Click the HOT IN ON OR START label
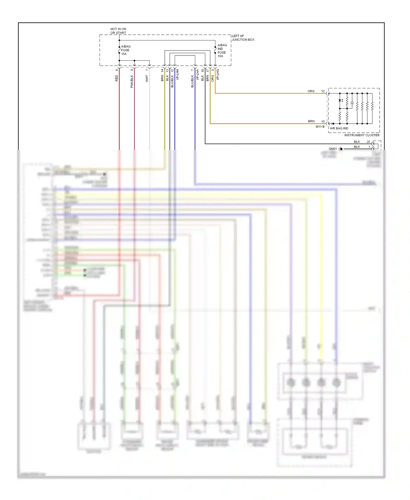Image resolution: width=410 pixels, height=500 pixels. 118,31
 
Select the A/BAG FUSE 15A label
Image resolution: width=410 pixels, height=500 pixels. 126,50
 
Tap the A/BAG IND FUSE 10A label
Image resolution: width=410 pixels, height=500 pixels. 222,51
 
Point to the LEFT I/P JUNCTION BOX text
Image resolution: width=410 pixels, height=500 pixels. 243,38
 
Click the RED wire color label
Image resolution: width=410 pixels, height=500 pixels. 117,79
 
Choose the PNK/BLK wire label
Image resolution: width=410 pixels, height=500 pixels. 132,82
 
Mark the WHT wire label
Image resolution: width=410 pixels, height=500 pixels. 147,79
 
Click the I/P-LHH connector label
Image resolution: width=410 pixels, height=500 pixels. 177,74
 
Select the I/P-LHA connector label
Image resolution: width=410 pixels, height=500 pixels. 197,74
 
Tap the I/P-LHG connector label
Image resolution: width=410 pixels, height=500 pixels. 218,74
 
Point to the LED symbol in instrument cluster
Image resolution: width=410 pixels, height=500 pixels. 340,101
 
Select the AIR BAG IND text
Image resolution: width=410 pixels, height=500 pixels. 339,128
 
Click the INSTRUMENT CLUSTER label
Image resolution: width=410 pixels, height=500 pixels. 362,135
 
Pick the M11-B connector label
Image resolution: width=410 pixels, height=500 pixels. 320,127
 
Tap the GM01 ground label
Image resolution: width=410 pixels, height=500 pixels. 333,149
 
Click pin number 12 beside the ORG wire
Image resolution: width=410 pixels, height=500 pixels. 323,91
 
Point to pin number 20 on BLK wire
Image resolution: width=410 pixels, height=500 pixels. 368,142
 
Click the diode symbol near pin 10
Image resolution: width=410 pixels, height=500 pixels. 333,124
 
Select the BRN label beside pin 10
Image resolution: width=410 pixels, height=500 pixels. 311,121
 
